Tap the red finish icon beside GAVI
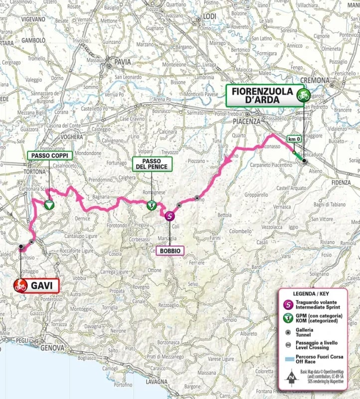(x=20, y=286)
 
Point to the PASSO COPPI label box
(x=50, y=156)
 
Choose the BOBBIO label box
(x=170, y=250)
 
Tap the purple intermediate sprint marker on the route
(x=170, y=215)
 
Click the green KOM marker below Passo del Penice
(x=151, y=204)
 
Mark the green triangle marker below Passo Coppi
(x=49, y=204)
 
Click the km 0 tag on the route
(x=294, y=140)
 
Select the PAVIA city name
(x=122, y=61)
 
